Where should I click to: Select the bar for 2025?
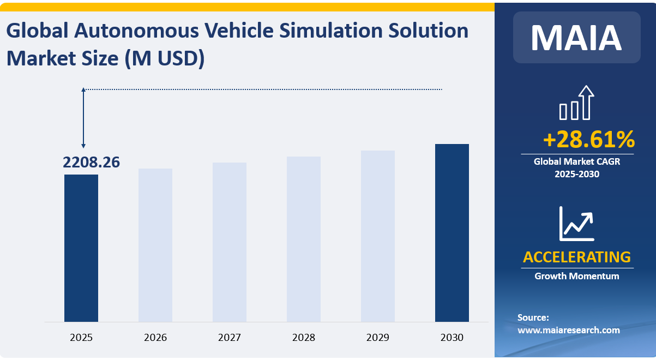coord(81,248)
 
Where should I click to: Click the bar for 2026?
coord(155,245)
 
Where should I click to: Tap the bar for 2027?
coord(230,242)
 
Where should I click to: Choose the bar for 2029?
coord(378,236)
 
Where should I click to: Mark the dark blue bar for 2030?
coord(452,233)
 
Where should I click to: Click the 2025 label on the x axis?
coord(81,338)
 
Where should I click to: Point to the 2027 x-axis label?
coord(230,338)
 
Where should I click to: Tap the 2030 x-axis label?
coord(452,338)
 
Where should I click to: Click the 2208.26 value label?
coord(92,162)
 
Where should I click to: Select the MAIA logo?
coord(576,37)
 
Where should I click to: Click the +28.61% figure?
coord(588,140)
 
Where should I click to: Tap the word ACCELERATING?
coord(576,256)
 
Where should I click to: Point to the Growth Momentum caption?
coord(576,276)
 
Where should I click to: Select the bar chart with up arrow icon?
coord(576,103)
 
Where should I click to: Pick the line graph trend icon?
coord(576,224)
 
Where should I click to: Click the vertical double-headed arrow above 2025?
coord(83,118)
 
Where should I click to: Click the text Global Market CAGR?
coord(576,161)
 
